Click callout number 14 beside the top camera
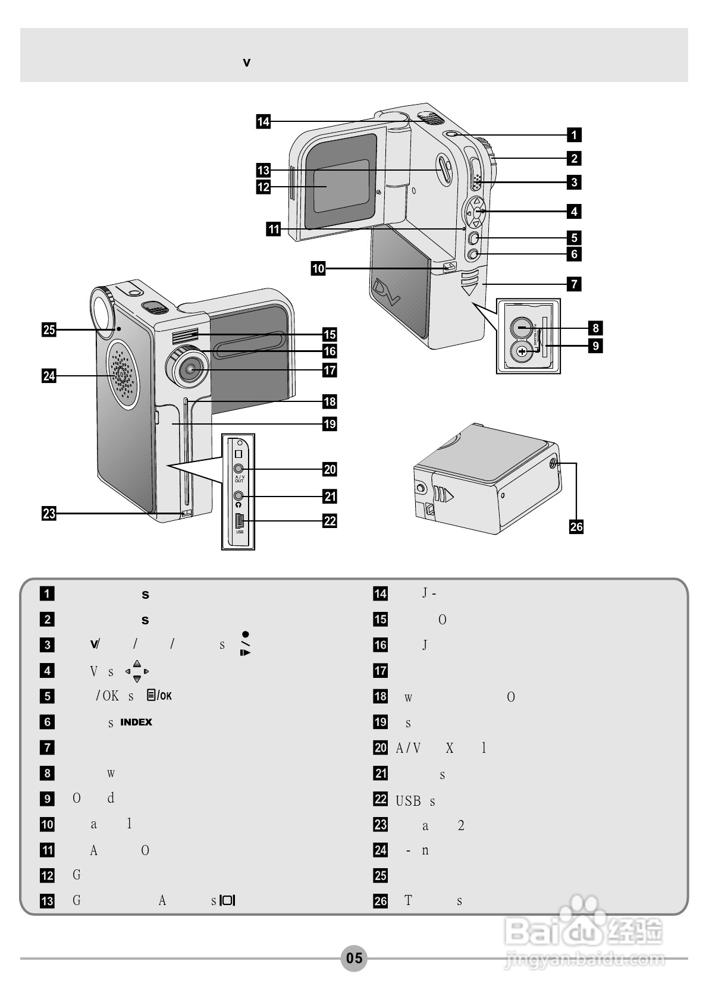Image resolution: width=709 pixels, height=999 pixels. pos(263,122)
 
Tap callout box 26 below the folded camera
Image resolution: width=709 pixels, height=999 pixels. pos(576,526)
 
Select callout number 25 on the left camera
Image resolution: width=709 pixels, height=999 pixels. pos(49,329)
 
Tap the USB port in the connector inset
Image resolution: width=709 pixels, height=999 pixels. pos(239,521)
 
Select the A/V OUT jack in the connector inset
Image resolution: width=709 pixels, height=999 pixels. pos(239,469)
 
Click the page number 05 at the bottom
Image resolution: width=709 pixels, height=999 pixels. pos(354,958)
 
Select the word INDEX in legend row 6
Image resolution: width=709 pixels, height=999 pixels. pos(136,722)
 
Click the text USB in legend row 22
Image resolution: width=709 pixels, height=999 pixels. pos(408,801)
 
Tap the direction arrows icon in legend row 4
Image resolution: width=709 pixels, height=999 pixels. pos(137,671)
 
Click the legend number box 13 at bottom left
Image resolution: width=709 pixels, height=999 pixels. pos(47,900)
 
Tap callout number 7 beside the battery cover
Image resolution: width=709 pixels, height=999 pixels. pos(574,284)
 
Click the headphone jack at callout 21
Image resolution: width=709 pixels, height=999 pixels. pos(239,495)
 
